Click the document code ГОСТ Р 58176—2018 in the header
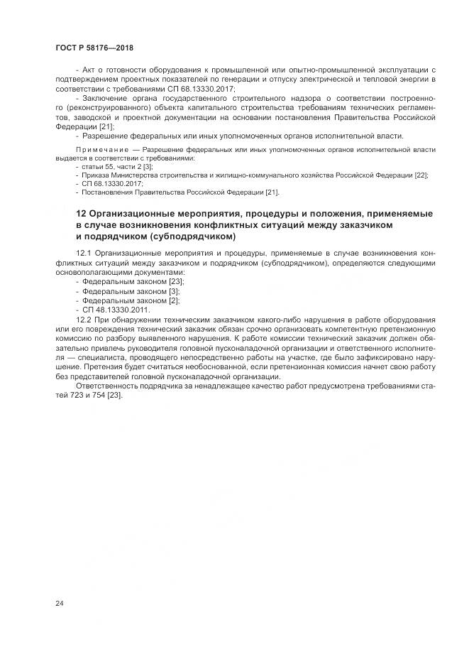(x=94, y=48)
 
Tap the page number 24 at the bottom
(x=59, y=603)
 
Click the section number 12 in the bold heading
(x=80, y=214)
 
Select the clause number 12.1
(x=83, y=252)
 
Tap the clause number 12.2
(x=83, y=321)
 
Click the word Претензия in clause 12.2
(x=94, y=367)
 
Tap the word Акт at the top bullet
(x=90, y=70)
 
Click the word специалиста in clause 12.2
(x=90, y=358)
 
